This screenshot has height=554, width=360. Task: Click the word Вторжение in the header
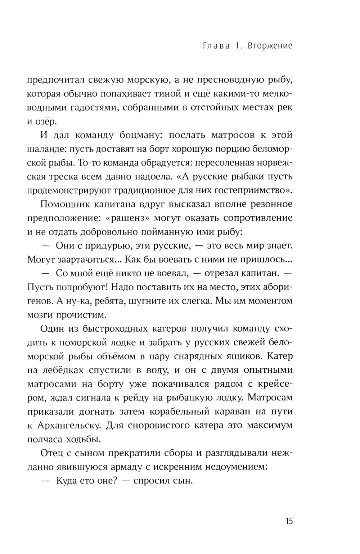[x=270, y=46]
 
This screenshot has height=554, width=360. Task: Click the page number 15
[x=288, y=521]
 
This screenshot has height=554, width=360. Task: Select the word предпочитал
[x=55, y=80]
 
